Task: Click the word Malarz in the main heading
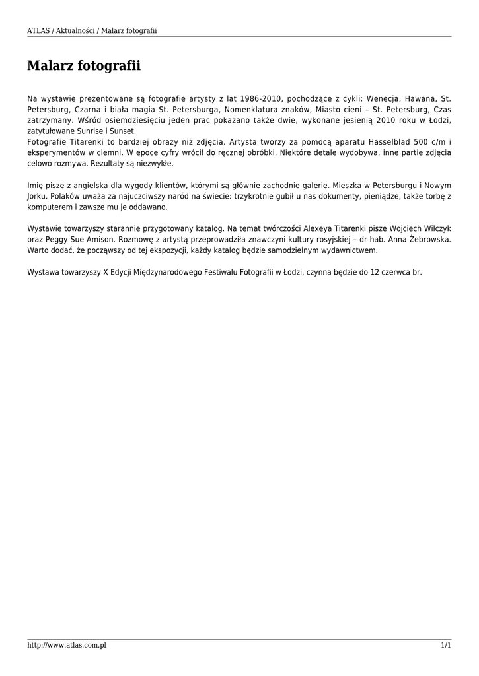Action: (x=50, y=66)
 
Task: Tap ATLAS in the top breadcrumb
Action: (x=38, y=31)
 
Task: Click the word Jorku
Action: (x=37, y=196)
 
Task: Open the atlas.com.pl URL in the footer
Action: (x=67, y=645)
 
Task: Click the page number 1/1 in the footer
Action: (x=446, y=645)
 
